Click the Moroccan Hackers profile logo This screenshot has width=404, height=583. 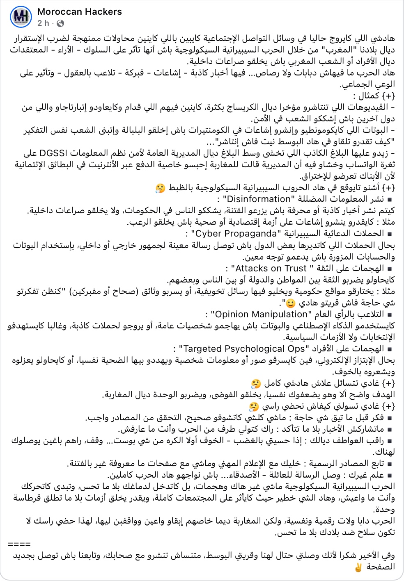click(x=21, y=17)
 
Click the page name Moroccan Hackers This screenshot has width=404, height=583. click(x=79, y=12)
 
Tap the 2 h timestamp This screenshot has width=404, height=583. click(x=43, y=23)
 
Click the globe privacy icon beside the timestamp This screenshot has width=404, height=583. click(x=60, y=23)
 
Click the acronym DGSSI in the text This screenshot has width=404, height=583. click(x=53, y=153)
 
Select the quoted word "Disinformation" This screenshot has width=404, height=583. click(x=257, y=199)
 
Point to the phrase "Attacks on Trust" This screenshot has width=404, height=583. click(x=271, y=269)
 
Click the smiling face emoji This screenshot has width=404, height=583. click(x=290, y=304)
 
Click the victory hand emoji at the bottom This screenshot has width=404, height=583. click(x=358, y=567)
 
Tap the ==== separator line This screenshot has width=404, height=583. click(x=19, y=544)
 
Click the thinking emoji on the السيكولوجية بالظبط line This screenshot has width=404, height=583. click(x=160, y=188)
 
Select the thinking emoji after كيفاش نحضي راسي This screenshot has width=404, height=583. click(x=254, y=407)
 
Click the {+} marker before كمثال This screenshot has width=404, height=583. click(x=388, y=96)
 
